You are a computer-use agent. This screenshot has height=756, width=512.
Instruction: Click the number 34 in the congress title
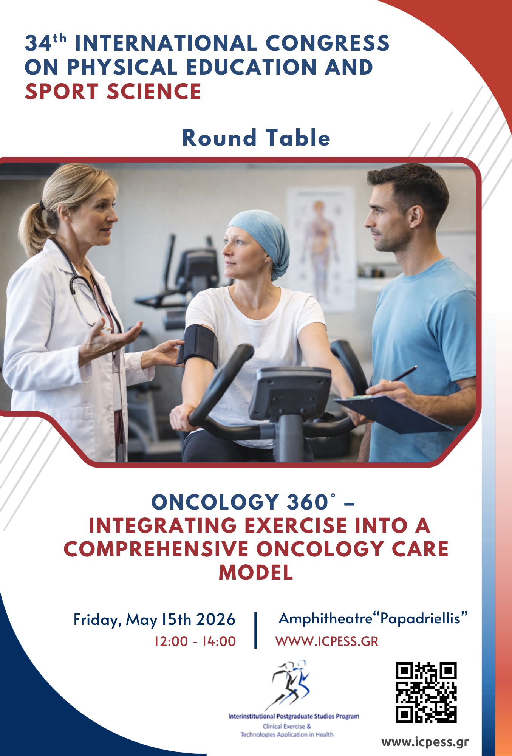coord(38,43)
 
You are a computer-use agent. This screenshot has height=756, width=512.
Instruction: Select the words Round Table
coord(256,137)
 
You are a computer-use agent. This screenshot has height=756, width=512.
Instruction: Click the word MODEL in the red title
coord(256,572)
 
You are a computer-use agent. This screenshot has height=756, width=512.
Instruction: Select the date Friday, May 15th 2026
coord(154,620)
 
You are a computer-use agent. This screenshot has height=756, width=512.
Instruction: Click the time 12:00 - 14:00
coord(195,641)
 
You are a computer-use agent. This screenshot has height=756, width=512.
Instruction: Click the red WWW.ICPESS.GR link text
coord(327,641)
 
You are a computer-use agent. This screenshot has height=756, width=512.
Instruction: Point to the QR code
coord(426,692)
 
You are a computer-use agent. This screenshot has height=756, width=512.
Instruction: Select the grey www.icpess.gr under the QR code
coord(425,742)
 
